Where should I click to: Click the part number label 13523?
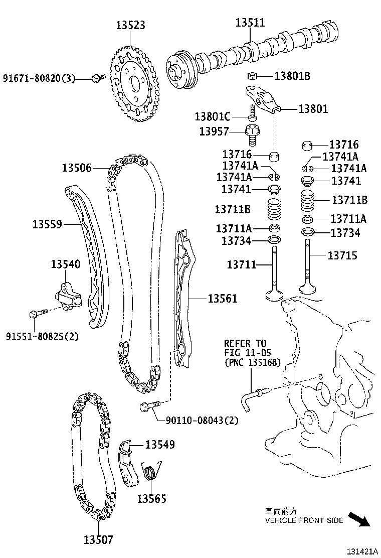131,25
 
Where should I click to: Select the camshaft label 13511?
250,23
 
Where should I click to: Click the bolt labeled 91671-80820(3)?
98,78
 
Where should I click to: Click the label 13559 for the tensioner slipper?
47,224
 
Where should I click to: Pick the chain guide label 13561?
222,299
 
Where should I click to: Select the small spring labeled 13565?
149,472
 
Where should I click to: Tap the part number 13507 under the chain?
98,540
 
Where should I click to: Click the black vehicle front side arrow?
359,518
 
